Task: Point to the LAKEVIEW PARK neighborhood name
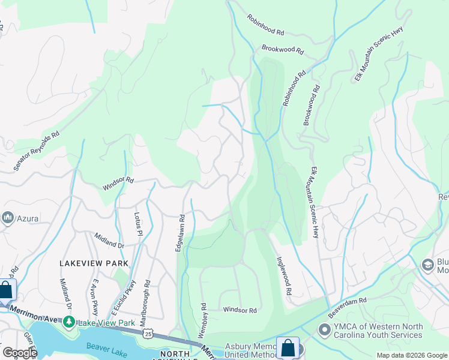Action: pyautogui.click(x=94, y=263)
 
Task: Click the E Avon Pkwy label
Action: pyautogui.click(x=95, y=293)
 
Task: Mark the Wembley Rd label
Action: pyautogui.click(x=204, y=319)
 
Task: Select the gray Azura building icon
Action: pyautogui.click(x=8, y=218)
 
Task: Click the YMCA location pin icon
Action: pyautogui.click(x=324, y=330)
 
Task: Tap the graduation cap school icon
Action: pyautogui.click(x=427, y=265)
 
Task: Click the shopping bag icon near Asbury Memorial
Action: pyautogui.click(x=288, y=348)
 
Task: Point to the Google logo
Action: pyautogui.click(x=20, y=353)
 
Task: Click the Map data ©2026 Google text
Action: pyautogui.click(x=411, y=355)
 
